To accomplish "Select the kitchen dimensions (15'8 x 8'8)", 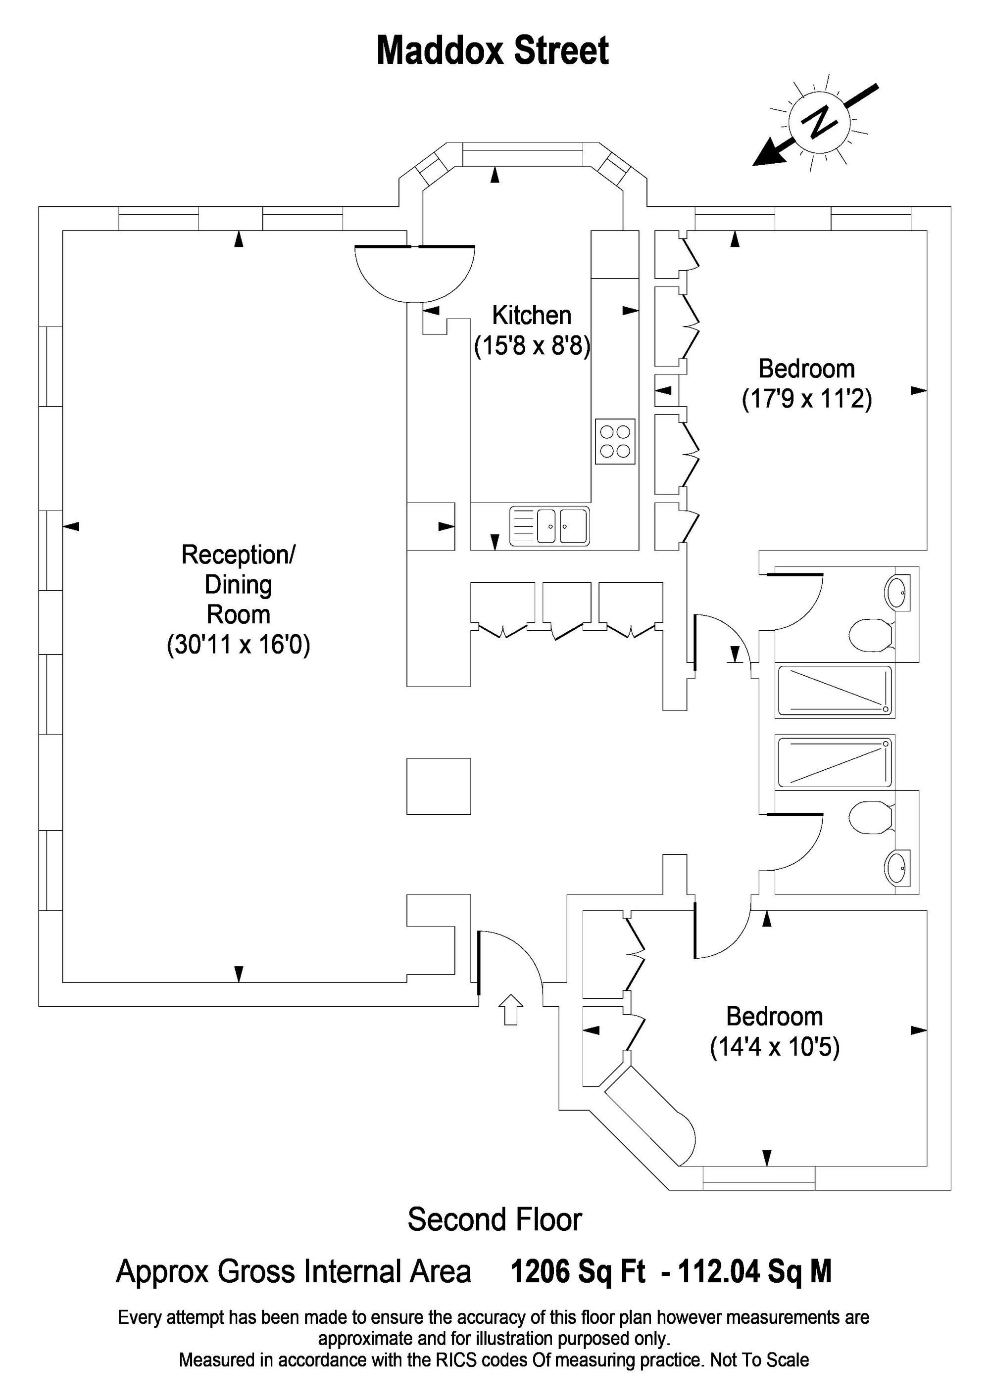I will tap(532, 346).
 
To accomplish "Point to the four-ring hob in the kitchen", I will tap(614, 441).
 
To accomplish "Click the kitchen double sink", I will tap(549, 525).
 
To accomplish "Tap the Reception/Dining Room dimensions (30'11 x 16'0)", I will tap(239, 645).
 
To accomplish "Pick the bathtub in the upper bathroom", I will tap(834, 691).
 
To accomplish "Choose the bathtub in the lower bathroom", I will tap(834, 762).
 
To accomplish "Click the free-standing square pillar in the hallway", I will tap(439, 786).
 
